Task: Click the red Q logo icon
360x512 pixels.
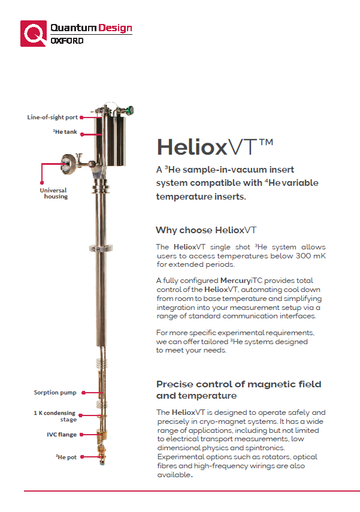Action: tap(34, 33)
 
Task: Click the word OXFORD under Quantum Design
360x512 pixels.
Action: tap(67, 41)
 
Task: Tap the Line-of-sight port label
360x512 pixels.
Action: tap(52, 118)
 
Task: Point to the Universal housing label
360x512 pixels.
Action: tap(54, 194)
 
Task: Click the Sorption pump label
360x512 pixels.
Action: tap(55, 393)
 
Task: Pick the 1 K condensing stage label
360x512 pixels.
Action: tap(54, 417)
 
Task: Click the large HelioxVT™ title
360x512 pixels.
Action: tap(214, 147)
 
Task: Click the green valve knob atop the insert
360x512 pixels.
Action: tap(130, 110)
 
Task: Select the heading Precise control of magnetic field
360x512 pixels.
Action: tap(238, 384)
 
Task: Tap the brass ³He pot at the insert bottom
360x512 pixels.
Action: tap(101, 456)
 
